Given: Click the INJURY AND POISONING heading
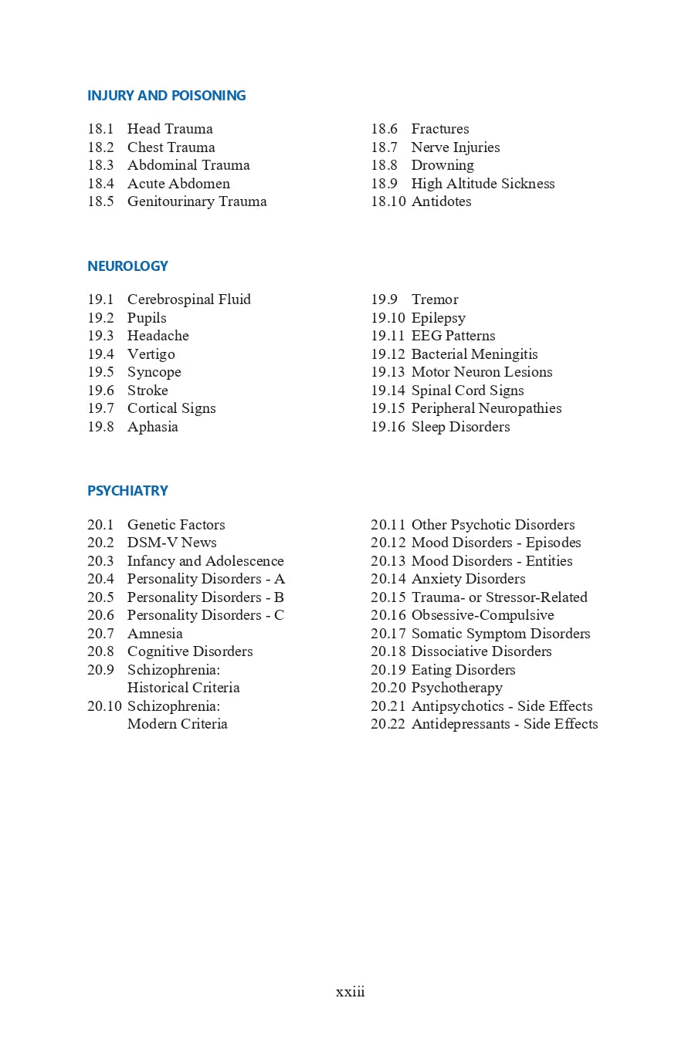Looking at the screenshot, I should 166,96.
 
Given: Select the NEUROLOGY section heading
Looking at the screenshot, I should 127,266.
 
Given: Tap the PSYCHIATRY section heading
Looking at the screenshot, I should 127,491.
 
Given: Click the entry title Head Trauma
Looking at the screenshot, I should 170,129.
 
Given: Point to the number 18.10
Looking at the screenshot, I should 388,201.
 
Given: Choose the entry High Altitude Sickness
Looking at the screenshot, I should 483,184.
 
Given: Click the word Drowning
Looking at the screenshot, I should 442,165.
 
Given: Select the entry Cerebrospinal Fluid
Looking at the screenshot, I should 189,299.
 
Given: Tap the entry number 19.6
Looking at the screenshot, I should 100,391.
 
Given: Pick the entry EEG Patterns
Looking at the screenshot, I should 453,336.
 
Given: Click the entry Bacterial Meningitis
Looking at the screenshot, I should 474,354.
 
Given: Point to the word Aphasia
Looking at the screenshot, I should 152,427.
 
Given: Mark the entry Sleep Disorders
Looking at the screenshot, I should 460,427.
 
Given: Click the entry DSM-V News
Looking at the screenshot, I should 171,543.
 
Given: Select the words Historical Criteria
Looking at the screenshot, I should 183,688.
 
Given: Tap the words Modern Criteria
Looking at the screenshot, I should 177,724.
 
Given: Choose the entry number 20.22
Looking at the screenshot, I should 388,724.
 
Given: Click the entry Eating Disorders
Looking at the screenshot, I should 463,670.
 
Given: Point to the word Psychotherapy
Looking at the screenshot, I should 456,688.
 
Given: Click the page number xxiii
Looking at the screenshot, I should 350,992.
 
